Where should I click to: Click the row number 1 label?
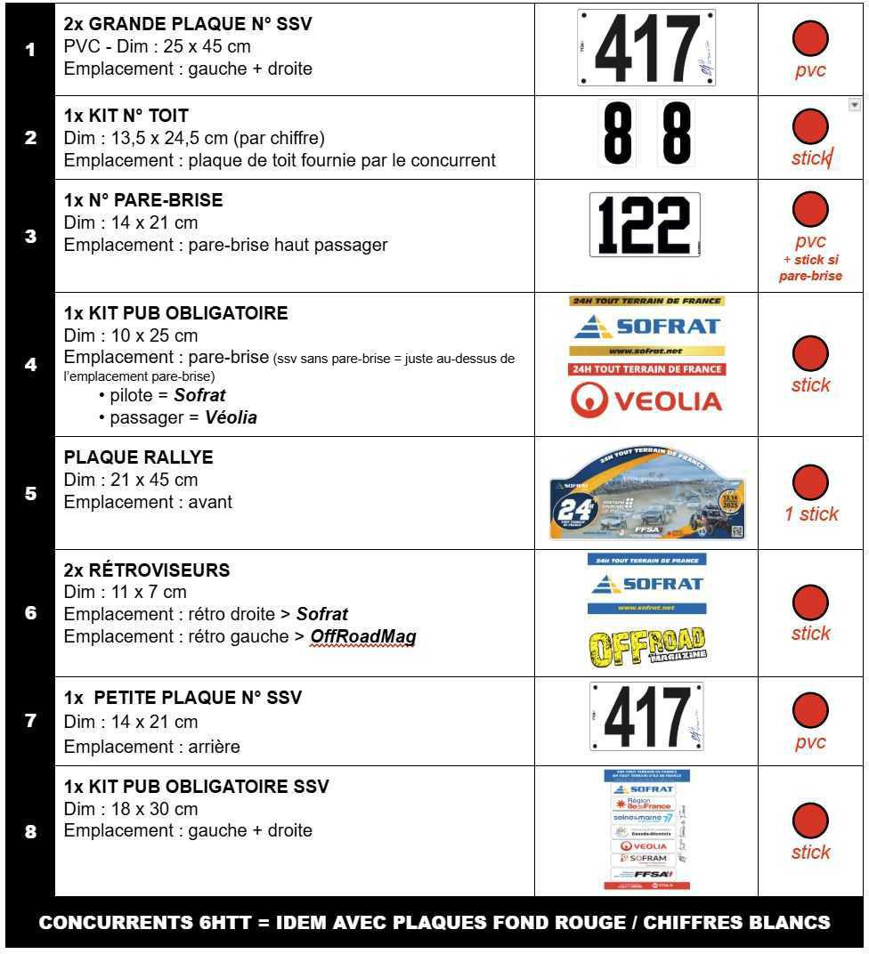tap(30, 50)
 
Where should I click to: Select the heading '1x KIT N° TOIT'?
tap(126, 116)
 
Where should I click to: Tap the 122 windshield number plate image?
tap(645, 225)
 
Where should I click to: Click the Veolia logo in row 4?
tap(646, 400)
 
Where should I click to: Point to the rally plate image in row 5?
tap(646, 494)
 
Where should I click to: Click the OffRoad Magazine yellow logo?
tap(646, 647)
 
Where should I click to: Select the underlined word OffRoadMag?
tap(363, 637)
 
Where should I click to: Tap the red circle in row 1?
tap(810, 38)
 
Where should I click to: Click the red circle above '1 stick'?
tap(810, 482)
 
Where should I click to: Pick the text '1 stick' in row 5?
tap(811, 514)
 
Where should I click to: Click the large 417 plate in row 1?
tap(646, 48)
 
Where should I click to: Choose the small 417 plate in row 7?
tap(646, 716)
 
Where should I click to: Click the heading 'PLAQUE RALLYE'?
tap(138, 457)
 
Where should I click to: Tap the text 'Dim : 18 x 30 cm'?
tap(131, 809)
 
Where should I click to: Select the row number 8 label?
tap(30, 833)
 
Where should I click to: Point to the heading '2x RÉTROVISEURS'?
tap(146, 570)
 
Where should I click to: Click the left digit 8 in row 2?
tap(617, 133)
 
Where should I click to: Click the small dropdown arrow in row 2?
tap(855, 105)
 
